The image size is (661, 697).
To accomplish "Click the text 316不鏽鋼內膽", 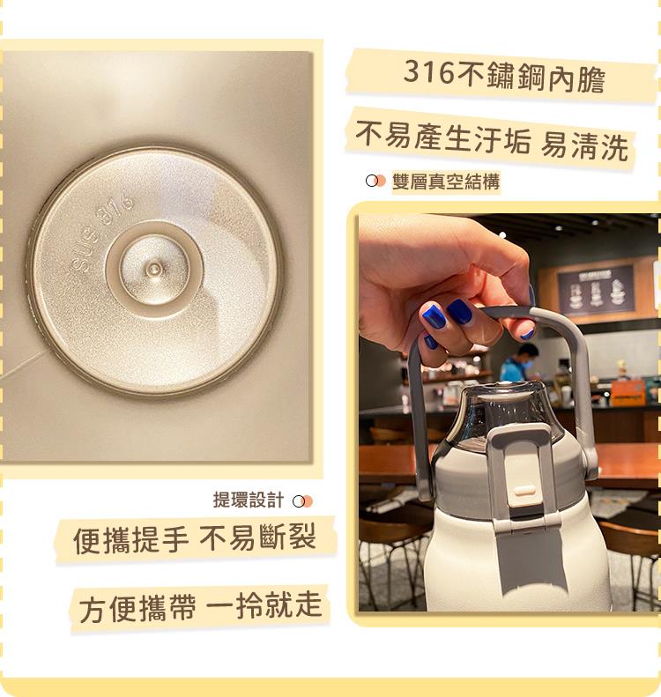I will [x=504, y=75].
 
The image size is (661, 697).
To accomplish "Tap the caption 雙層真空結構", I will [x=446, y=182].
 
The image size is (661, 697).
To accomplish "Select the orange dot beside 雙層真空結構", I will [x=379, y=182].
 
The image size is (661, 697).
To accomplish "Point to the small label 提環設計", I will [x=248, y=501].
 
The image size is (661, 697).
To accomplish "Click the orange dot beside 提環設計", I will [x=306, y=501].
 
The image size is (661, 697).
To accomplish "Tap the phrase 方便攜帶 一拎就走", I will [x=201, y=608].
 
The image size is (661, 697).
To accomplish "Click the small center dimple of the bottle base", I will [x=154, y=267].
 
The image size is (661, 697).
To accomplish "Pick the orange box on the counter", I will [x=628, y=392].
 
